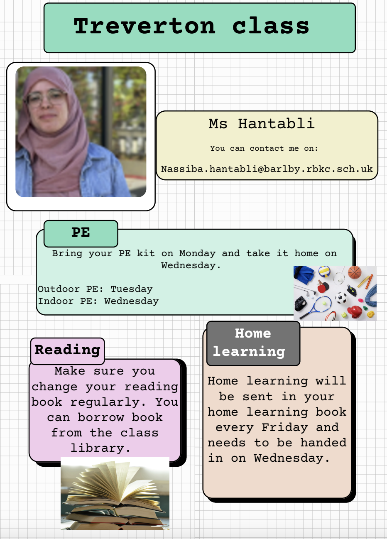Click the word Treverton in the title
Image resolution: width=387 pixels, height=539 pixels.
(x=145, y=26)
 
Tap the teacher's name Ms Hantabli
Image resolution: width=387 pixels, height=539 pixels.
(x=262, y=124)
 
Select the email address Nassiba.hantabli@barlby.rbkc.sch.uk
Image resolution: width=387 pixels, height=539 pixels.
(x=267, y=169)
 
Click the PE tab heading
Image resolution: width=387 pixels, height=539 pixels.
(x=81, y=233)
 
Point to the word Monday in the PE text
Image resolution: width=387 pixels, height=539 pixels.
(x=197, y=253)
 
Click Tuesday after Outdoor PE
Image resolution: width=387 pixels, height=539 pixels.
(x=131, y=289)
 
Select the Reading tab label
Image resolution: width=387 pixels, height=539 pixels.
(x=67, y=350)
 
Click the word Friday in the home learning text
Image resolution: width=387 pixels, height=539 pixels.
(x=285, y=428)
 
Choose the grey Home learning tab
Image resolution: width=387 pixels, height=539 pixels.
(x=253, y=343)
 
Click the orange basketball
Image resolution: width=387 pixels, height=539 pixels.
(x=355, y=272)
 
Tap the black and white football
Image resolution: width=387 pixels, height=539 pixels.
(x=341, y=298)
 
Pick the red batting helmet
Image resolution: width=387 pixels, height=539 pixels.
(x=355, y=311)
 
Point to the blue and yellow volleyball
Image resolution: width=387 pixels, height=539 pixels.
(x=324, y=272)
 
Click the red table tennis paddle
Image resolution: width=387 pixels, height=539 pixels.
(x=322, y=287)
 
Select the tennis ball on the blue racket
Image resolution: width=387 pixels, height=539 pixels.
(x=324, y=304)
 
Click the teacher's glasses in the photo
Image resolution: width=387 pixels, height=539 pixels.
(x=46, y=98)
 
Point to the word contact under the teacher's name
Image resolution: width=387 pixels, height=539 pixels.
(x=267, y=149)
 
